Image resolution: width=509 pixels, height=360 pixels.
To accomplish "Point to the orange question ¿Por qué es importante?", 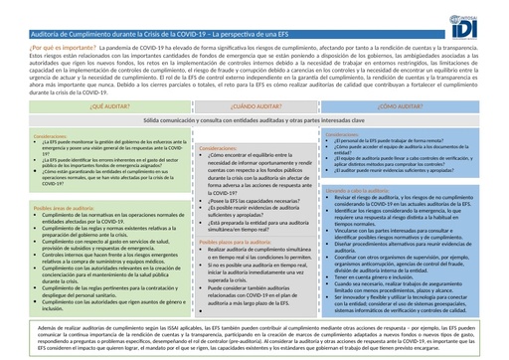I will click(39, 46).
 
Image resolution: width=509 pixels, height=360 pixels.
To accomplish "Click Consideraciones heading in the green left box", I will click(30, 134).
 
